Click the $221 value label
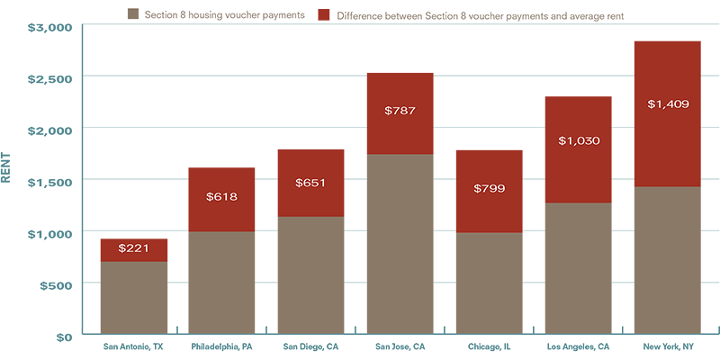point(133,247)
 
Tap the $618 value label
point(221,195)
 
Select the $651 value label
point(310,183)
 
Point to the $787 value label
point(400,111)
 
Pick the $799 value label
point(489,189)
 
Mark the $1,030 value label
point(579,140)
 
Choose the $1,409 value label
point(668,104)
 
